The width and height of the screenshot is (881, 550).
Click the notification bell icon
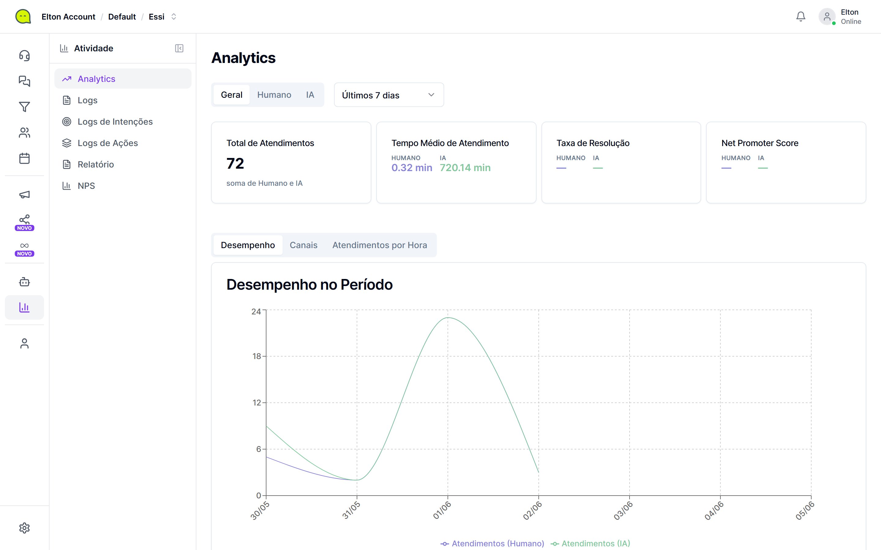pos(801,16)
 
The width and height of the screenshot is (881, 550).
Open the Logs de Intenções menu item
pos(115,122)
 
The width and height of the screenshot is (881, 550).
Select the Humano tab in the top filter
pos(274,95)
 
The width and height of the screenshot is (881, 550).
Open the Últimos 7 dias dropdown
pos(389,95)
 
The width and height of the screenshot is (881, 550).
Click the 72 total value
pos(235,163)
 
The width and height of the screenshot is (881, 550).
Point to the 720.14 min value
pos(465,168)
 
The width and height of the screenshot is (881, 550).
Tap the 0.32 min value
pos(412,168)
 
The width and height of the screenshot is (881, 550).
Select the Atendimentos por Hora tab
pos(380,245)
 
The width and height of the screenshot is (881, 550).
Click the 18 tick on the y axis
pos(257,356)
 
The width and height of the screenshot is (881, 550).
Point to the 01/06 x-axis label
pos(442,510)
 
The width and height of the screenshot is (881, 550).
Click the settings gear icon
pos(24,528)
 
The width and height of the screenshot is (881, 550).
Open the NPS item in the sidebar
pos(86,186)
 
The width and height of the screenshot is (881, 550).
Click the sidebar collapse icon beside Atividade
pos(179,48)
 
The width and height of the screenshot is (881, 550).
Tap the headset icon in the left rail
pos(24,55)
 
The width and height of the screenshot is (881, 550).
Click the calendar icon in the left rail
pos(24,158)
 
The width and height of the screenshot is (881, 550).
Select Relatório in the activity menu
pos(96,164)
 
